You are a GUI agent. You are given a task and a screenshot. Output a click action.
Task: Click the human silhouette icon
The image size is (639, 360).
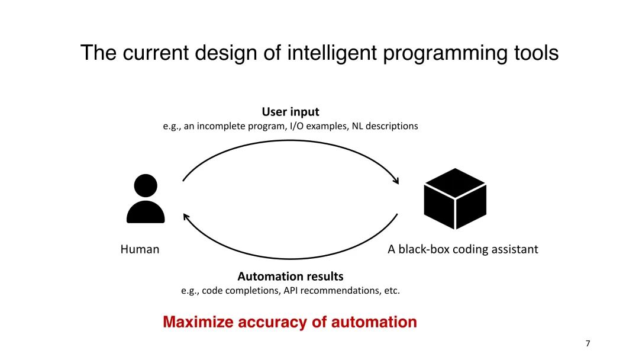[x=146, y=199]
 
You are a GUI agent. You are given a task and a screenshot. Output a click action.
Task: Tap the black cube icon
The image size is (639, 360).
[x=455, y=199]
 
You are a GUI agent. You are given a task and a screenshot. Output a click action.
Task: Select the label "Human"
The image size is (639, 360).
[x=140, y=249]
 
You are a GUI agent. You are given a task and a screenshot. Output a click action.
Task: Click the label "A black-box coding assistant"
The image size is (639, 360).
[x=463, y=249]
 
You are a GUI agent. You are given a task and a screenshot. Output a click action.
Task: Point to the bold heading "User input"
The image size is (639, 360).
[x=291, y=111]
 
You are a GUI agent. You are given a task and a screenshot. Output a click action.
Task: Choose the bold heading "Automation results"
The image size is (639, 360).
[x=290, y=277]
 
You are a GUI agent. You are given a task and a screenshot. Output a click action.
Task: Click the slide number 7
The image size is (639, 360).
[x=588, y=343]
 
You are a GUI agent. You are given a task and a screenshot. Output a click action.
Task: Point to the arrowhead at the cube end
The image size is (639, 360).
[x=396, y=180]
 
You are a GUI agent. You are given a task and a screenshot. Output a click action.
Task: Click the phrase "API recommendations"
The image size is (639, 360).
[x=325, y=291]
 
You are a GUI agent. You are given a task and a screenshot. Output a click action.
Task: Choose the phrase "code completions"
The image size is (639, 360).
[x=240, y=291]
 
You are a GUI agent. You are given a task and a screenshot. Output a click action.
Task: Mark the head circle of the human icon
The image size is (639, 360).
[x=146, y=186]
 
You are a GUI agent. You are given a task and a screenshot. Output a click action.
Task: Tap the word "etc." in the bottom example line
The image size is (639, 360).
[x=392, y=291]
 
